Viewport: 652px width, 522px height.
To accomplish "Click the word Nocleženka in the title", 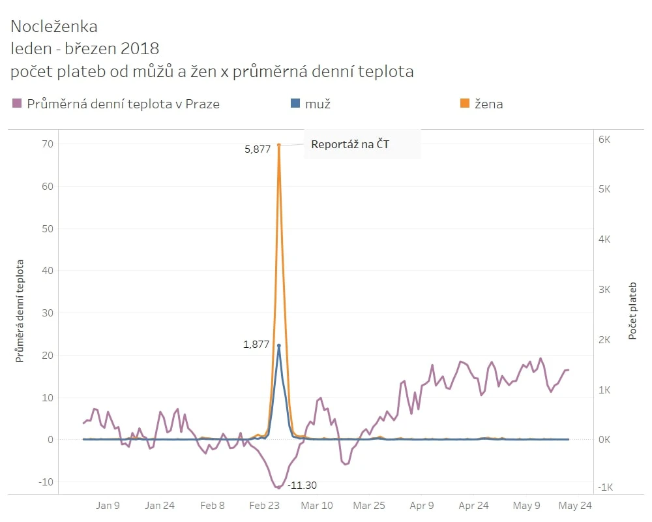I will (x=54, y=27).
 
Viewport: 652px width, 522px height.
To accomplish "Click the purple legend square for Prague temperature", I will (x=17, y=104).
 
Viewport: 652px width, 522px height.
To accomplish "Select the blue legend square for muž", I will (x=295, y=104).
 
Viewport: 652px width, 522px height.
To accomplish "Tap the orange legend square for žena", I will (x=465, y=104).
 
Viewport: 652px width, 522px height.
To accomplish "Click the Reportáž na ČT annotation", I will (x=350, y=144).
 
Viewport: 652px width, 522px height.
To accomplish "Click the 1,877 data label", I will (x=256, y=345).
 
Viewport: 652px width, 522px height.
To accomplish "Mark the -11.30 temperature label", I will (x=303, y=485).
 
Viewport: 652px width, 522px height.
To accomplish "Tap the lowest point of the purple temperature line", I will (x=278, y=487).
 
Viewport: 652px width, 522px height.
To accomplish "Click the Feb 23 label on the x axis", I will (x=265, y=505).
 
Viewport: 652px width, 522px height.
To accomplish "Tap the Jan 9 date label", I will (x=108, y=505).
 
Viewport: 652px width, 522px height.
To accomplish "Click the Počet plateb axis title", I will (x=632, y=311).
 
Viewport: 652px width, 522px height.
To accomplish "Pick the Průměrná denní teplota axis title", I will (x=20, y=311).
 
